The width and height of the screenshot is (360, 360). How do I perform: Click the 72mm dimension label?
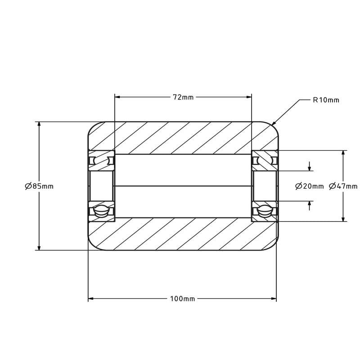coord(183,97)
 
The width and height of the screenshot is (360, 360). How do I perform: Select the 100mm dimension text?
coord(183,299)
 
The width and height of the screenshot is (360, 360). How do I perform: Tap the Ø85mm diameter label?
coord(39,186)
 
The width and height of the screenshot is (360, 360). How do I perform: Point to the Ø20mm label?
coord(309,186)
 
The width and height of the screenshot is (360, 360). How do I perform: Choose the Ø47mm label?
coord(343,186)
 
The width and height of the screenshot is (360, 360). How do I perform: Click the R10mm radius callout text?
coord(326,100)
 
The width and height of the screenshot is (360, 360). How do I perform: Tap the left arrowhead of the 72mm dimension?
coord(117,97)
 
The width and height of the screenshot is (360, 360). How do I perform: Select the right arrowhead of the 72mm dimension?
coord(249,97)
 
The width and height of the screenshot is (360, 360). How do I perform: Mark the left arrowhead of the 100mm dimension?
coord(91,299)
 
